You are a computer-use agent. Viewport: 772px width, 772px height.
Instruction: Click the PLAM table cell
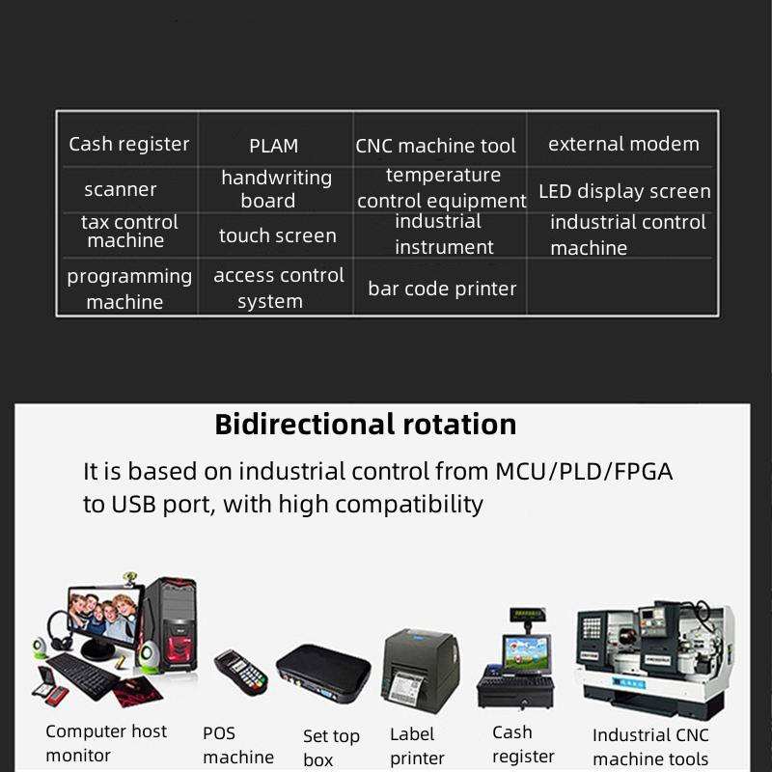pyautogui.click(x=274, y=146)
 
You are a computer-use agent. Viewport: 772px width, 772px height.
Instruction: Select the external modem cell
pyautogui.click(x=623, y=144)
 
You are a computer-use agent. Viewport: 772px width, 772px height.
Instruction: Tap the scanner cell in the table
pyautogui.click(x=121, y=189)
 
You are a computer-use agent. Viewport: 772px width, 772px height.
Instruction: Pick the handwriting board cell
pyautogui.click(x=276, y=189)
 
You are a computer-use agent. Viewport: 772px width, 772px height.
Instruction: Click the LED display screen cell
pyautogui.click(x=624, y=191)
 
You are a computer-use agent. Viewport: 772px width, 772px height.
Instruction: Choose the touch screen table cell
pyautogui.click(x=278, y=235)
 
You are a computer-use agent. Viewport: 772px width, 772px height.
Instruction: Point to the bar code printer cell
pyautogui.click(x=442, y=289)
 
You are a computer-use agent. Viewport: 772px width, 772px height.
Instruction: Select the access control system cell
pyautogui.click(x=278, y=288)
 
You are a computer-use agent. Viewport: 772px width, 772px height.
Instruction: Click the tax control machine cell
pyautogui.click(x=129, y=232)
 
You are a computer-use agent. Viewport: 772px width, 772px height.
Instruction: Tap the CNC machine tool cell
pyautogui.click(x=436, y=146)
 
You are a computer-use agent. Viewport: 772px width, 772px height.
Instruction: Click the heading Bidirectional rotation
pyautogui.click(x=366, y=425)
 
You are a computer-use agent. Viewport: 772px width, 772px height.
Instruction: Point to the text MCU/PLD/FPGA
pyautogui.click(x=584, y=472)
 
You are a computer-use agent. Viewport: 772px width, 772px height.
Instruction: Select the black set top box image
pyautogui.click(x=323, y=671)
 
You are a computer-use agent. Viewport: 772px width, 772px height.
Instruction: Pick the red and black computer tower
pyautogui.click(x=171, y=627)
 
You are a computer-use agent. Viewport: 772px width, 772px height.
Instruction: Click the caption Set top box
pyautogui.click(x=330, y=748)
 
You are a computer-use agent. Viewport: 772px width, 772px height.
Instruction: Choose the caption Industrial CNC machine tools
pyautogui.click(x=649, y=747)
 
